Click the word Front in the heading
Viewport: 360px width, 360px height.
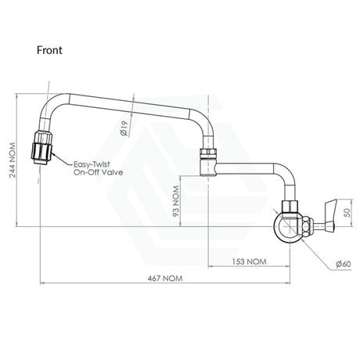[49, 50]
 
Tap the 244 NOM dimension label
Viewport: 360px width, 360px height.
[13, 160]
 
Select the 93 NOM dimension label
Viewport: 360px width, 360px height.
[177, 201]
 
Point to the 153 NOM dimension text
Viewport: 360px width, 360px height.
[250, 261]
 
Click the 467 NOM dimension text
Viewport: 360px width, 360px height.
[165, 279]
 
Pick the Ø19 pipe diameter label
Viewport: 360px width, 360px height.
[124, 128]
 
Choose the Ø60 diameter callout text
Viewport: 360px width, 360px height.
[344, 264]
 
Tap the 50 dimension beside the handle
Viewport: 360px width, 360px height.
[347, 213]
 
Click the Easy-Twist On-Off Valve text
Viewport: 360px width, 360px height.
[98, 168]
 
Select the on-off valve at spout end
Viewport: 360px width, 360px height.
[41, 148]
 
